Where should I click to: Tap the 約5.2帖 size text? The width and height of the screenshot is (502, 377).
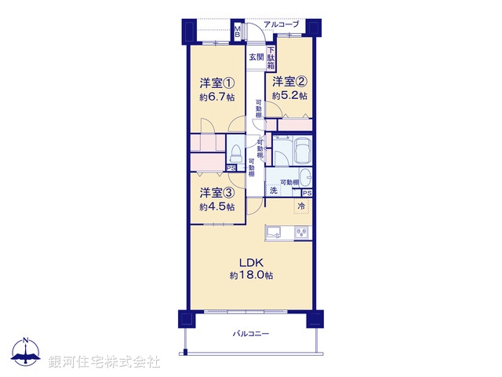289,95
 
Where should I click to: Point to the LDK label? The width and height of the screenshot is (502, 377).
251,262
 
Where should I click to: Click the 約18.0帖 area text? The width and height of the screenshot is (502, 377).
251,276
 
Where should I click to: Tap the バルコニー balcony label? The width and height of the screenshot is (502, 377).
251,334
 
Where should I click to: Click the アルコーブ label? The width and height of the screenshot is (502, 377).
281,25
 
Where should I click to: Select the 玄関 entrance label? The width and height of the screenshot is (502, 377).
256,57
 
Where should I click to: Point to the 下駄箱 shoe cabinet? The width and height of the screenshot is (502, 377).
271,57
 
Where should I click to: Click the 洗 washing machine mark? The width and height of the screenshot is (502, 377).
274,191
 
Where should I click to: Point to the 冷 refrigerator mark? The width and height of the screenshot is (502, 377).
301,206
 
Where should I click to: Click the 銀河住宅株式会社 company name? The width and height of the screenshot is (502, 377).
104,362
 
